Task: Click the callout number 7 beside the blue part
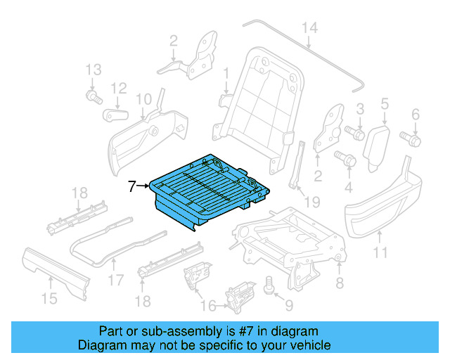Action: pos(131,186)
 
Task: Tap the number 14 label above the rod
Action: pos(310,27)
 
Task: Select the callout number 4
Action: pos(347,187)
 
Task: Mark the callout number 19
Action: pos(311,202)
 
